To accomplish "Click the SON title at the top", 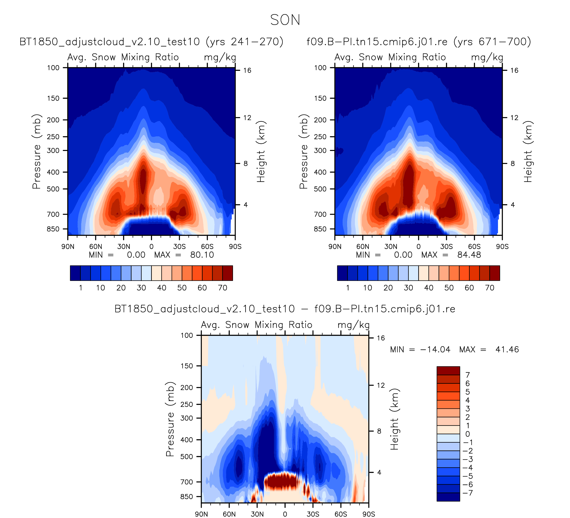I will tap(285, 20).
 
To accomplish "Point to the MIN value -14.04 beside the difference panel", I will tap(435, 349).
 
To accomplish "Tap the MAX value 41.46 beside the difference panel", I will tap(507, 349).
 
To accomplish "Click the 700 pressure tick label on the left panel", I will tap(53, 214).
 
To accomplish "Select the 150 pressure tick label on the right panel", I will tap(320, 98).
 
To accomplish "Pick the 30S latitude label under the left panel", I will tap(179, 247).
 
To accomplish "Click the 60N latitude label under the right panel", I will tap(362, 247).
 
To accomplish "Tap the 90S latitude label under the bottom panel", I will tap(369, 514).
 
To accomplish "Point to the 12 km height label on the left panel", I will tap(247, 118).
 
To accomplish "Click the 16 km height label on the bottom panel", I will tap(381, 338).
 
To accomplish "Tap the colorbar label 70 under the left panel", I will tap(222, 288).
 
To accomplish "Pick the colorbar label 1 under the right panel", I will tap(348, 288).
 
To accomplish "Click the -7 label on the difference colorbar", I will tap(468, 493).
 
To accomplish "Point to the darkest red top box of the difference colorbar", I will tap(448, 371).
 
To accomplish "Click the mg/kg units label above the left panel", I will tap(220, 57).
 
